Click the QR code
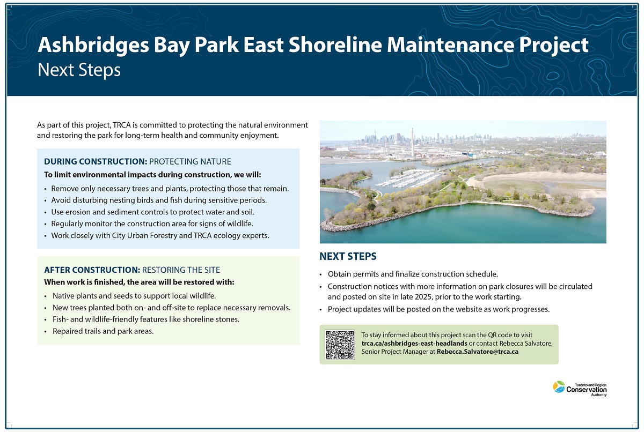coord(340,345)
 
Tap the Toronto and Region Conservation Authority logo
coord(580,389)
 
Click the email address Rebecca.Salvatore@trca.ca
coord(477,352)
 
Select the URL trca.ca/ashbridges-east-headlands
coord(414,343)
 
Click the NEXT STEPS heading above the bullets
coord(348,257)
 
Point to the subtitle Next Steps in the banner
coord(79,70)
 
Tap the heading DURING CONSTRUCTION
coord(95,161)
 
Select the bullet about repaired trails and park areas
coord(103,331)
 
